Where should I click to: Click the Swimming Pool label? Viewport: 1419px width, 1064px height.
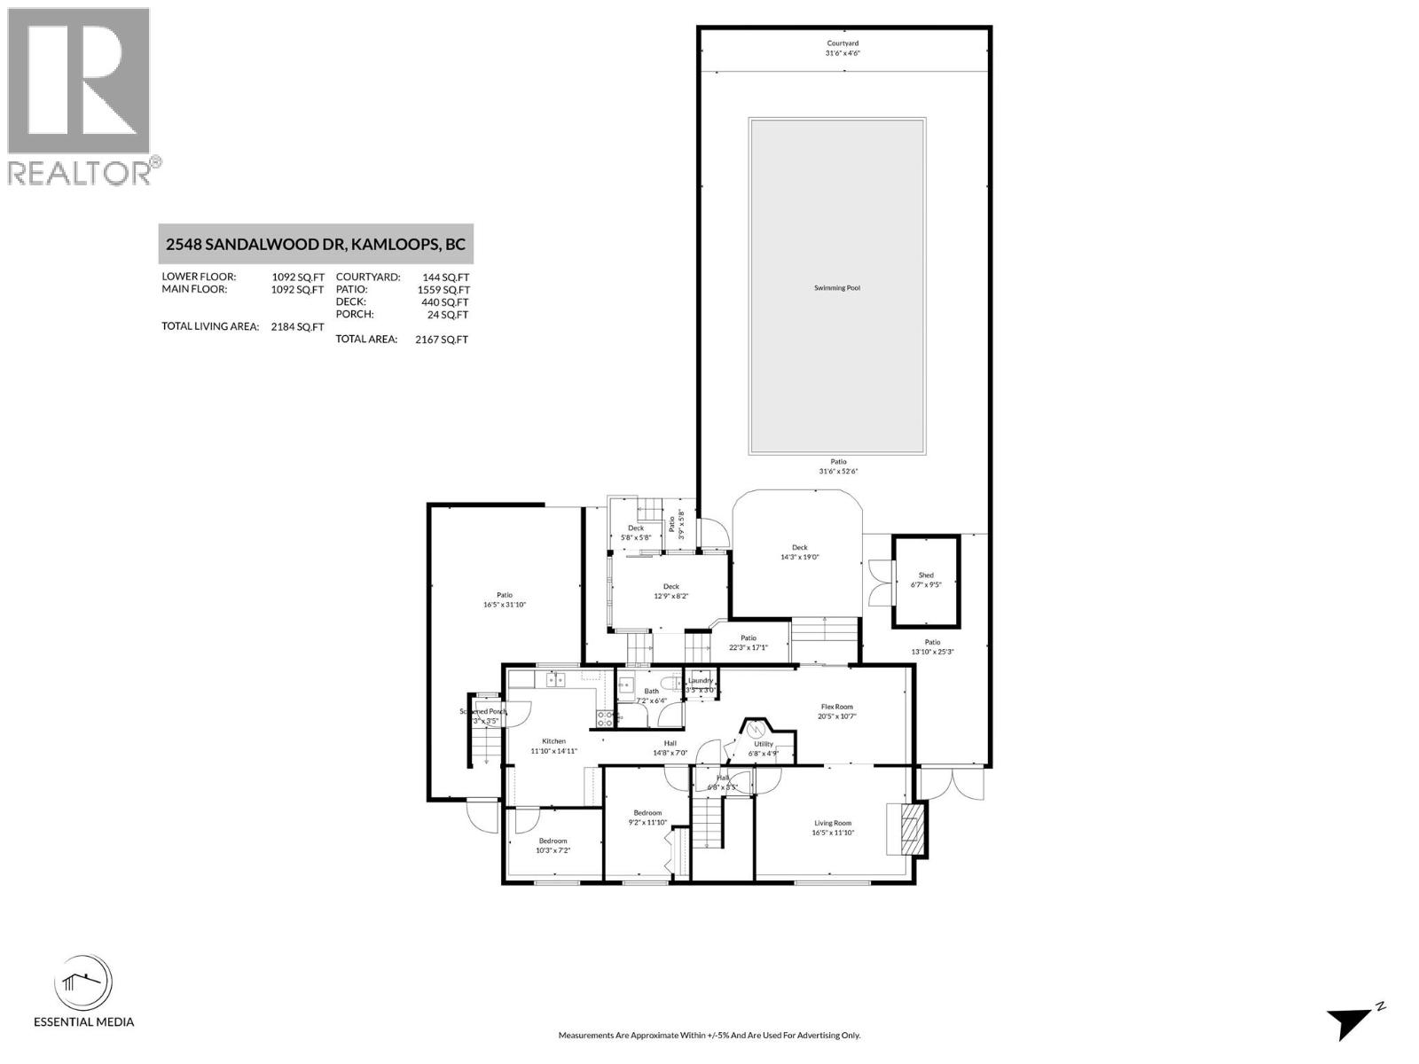tap(837, 288)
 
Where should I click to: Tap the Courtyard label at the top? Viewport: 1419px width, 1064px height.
tap(843, 43)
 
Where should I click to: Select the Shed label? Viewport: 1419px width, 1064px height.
tap(925, 575)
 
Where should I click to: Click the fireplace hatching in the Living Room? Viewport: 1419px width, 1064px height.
tap(910, 828)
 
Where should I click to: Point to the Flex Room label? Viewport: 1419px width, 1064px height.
tap(836, 707)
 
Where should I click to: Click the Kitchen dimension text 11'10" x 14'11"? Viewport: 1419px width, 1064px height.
tap(553, 751)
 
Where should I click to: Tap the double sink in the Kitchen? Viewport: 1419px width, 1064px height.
tap(555, 680)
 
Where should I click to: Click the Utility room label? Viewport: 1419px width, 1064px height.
tap(764, 744)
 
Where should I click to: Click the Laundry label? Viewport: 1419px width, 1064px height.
tap(701, 680)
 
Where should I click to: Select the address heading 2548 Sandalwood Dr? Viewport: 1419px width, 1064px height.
tap(316, 244)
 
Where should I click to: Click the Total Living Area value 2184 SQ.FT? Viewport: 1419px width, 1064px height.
tap(297, 326)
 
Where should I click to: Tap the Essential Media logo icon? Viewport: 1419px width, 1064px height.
tap(83, 983)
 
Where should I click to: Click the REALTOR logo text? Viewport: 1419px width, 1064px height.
tap(80, 172)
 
